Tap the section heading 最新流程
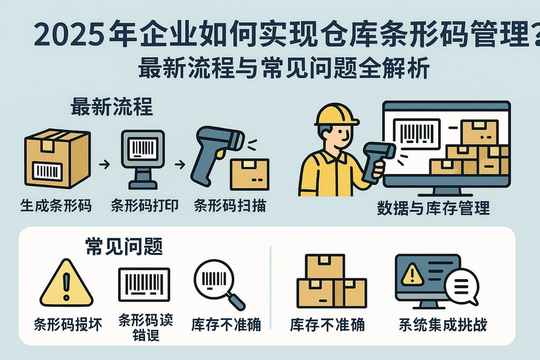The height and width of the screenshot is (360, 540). pos(111,108)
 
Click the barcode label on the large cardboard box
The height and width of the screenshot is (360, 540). pos(47,170)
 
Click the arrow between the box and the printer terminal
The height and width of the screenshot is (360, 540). pos(104,165)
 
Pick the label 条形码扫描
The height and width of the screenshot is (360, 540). pos(229,206)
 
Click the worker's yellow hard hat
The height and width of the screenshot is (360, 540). pos(336,114)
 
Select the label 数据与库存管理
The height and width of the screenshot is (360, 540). pos(433,208)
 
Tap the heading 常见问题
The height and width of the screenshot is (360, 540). pos(123,245)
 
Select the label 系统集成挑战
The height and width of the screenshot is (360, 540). pos(442,324)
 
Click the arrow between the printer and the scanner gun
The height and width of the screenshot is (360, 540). pos(179,165)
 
